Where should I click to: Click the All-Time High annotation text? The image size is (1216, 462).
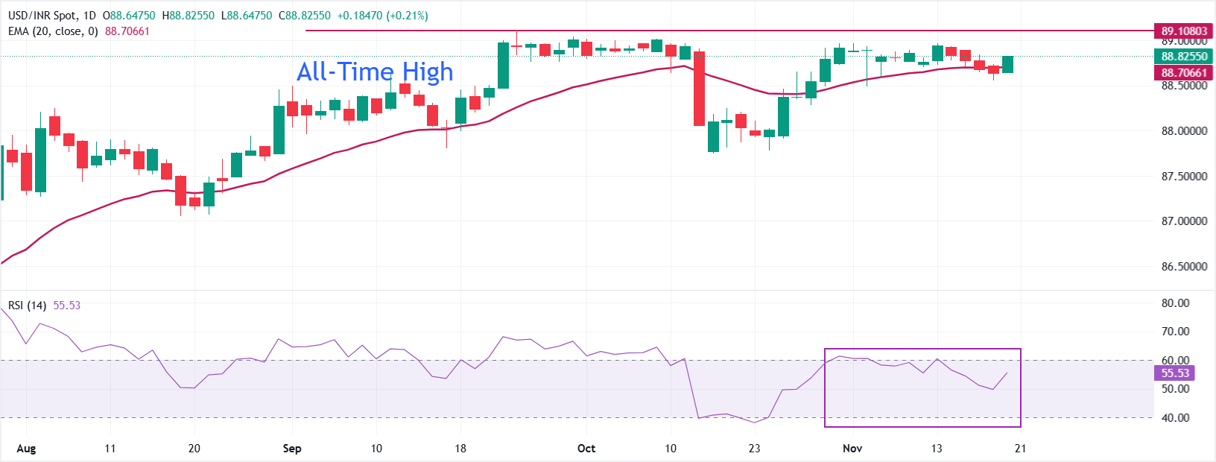click(375, 72)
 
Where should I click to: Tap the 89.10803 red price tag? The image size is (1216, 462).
click(1183, 31)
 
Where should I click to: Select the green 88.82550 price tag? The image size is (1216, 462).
click(1183, 56)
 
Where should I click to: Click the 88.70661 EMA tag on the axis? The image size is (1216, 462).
click(1183, 72)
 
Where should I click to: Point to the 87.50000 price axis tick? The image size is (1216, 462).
click(1184, 177)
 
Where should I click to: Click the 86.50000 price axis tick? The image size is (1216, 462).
click(1184, 267)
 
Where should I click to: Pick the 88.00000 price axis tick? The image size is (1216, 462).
click(1184, 131)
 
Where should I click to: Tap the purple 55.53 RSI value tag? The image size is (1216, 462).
click(1175, 373)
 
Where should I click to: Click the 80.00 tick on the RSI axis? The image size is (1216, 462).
click(1175, 303)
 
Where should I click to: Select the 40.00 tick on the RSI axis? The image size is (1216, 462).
click(1175, 418)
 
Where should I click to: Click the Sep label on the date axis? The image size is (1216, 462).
click(292, 449)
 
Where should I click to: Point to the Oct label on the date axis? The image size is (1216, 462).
click(586, 449)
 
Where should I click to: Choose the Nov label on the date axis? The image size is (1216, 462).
click(852, 449)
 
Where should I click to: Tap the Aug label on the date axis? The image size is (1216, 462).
click(26, 449)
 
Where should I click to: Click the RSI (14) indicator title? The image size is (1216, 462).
click(28, 306)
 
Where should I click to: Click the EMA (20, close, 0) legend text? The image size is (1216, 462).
click(53, 31)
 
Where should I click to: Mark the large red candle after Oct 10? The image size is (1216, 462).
click(699, 89)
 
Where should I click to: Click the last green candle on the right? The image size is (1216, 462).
click(1007, 64)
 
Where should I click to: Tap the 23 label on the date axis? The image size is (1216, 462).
click(755, 449)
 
